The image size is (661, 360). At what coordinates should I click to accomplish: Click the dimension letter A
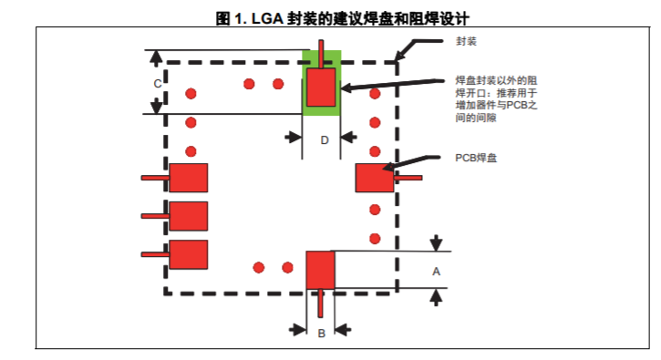pos(437,272)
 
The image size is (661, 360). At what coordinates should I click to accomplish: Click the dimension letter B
pos(322,334)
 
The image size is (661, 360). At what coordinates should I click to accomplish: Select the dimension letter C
pos(158,84)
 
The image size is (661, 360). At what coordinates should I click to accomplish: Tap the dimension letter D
pos(325,140)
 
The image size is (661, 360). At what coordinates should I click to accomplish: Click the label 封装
pos(466,41)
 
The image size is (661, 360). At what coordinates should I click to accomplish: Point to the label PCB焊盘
pos(476,158)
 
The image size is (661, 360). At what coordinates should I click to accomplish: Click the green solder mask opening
pos(322,83)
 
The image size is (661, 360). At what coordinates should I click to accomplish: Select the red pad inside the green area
pos(321,87)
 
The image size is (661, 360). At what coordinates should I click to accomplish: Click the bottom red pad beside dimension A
pos(320,270)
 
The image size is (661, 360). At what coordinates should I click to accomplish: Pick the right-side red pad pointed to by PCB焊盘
pos(375,178)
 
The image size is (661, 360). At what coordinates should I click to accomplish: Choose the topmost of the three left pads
pos(189,178)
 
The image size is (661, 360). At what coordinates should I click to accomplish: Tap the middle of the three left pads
pos(189,216)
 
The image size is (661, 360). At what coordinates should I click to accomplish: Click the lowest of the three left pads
pos(189,254)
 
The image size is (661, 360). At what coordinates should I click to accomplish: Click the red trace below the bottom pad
pos(321,303)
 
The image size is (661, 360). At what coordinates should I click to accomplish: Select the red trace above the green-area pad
pos(321,54)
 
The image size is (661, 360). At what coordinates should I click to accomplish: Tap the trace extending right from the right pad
pos(408,178)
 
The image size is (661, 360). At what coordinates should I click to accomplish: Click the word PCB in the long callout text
pos(515,106)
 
